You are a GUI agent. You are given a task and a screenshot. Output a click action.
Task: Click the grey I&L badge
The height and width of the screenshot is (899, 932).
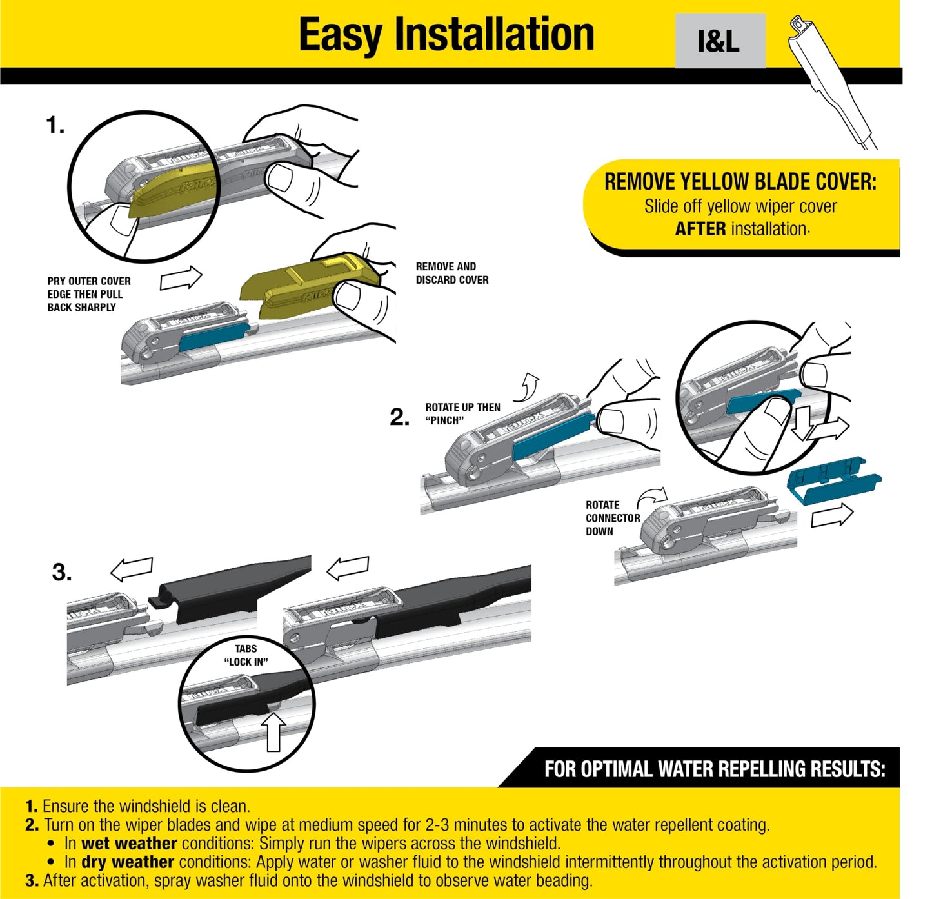point(720,41)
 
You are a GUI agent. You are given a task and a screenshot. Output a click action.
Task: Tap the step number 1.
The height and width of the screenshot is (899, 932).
point(55,125)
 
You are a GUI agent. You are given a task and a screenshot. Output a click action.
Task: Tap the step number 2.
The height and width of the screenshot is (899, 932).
point(399,417)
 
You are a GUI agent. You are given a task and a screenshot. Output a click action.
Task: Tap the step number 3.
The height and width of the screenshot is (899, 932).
point(62,572)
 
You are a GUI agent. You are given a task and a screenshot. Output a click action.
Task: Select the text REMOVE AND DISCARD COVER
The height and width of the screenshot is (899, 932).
point(451,273)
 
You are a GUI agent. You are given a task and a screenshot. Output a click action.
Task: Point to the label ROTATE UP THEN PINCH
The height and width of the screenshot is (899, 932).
point(462,413)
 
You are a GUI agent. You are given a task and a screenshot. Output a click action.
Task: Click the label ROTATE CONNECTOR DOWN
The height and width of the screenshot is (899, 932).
point(612,518)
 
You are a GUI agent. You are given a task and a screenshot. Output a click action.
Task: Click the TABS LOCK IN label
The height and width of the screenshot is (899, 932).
point(246,655)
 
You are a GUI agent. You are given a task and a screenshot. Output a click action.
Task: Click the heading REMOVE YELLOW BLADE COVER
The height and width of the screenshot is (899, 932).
point(740,182)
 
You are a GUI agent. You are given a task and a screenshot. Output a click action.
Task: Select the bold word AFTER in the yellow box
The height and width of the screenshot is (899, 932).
point(700,229)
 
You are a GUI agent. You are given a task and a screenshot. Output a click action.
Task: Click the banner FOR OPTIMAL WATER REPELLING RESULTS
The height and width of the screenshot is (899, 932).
point(714,769)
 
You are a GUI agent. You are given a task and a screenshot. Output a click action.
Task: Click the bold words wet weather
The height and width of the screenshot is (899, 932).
point(129,843)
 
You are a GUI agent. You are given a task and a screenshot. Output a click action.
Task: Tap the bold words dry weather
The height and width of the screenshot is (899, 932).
point(128,862)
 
